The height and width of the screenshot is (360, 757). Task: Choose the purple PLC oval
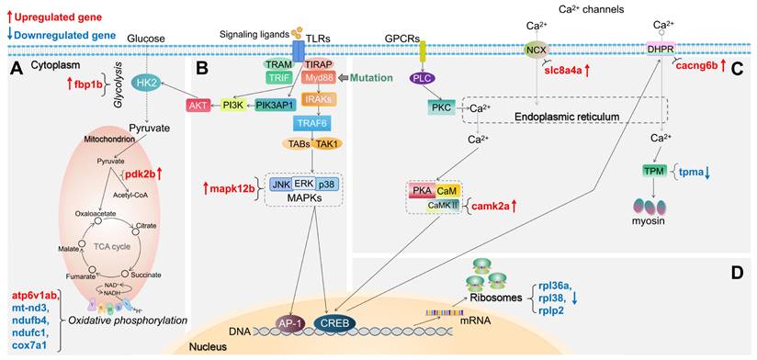422,78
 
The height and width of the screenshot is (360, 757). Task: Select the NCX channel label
536,49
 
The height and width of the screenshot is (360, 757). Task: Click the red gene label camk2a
498,208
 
